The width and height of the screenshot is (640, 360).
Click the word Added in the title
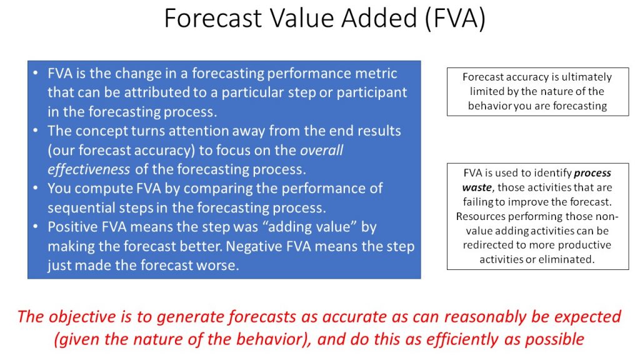coord(378,18)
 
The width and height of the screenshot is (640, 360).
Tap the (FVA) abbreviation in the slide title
coord(454,19)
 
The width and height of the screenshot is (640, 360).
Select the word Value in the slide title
coord(301,18)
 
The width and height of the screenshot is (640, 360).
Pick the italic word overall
coord(322,150)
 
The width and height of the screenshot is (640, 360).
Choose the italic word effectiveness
coord(89,169)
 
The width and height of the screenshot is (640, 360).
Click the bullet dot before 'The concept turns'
coord(36,131)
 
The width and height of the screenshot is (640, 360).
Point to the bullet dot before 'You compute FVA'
coord(36,188)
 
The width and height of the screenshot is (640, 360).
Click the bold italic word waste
coord(477,187)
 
